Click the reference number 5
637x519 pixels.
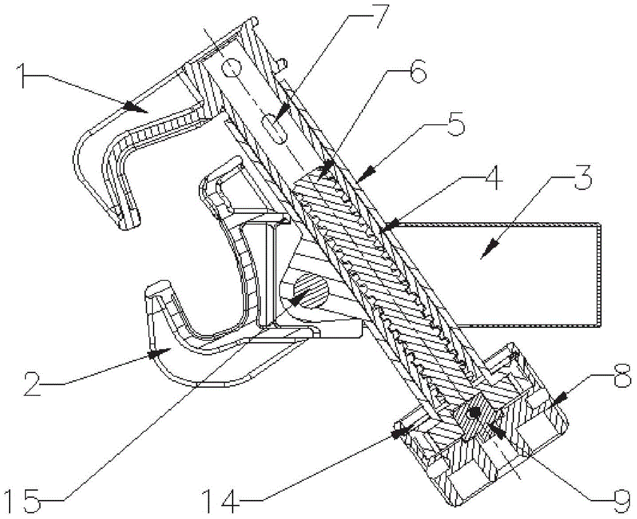455,123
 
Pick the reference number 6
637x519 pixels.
415,71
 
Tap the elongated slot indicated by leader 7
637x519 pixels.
274,129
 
